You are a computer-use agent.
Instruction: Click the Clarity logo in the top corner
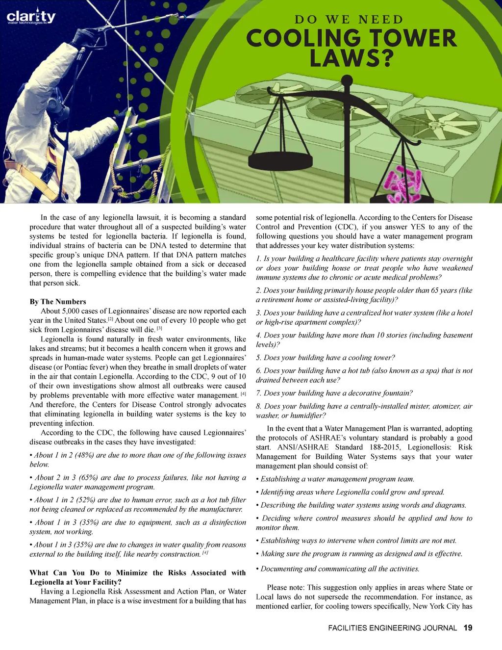[31, 18]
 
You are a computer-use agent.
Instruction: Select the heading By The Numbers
[58, 302]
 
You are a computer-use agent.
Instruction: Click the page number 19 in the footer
[468, 628]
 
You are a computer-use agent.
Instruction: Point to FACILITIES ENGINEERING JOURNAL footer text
[392, 628]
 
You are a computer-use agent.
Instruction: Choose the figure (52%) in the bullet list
[83, 500]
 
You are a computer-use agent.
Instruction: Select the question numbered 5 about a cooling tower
[325, 358]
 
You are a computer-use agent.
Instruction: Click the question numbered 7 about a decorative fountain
[334, 393]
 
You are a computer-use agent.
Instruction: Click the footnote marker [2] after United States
[110, 319]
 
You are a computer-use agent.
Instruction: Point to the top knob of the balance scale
[348, 79]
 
